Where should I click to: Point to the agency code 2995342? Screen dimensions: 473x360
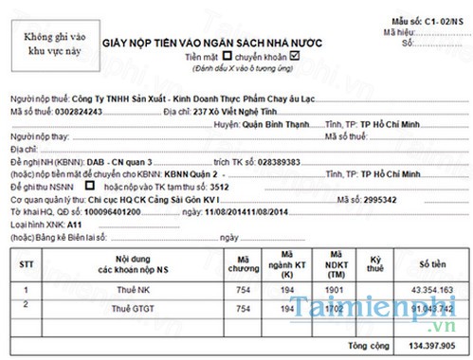pos(355,200)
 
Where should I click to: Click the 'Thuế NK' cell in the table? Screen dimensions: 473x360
pos(134,287)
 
